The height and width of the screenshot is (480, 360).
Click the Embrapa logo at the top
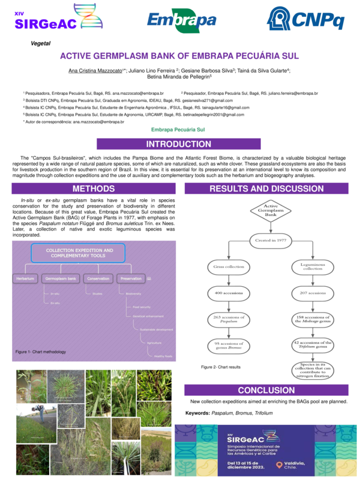click(x=181, y=21)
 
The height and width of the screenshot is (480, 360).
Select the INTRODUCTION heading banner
click(x=179, y=144)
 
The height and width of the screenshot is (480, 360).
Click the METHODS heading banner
click(x=94, y=189)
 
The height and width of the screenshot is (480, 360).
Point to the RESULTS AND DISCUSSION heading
click(x=266, y=189)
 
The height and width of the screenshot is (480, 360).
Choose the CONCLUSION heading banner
click(x=266, y=390)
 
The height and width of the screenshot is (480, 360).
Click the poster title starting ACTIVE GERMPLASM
click(x=179, y=56)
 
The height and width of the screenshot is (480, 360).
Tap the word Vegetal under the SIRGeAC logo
click(x=40, y=43)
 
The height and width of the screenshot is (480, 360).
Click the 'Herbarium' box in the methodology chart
click(x=25, y=278)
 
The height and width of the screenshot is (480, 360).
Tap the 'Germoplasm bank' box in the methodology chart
click(x=61, y=278)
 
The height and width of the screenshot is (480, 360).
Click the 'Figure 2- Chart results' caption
click(x=221, y=367)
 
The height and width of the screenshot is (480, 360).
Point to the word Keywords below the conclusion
click(x=197, y=413)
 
